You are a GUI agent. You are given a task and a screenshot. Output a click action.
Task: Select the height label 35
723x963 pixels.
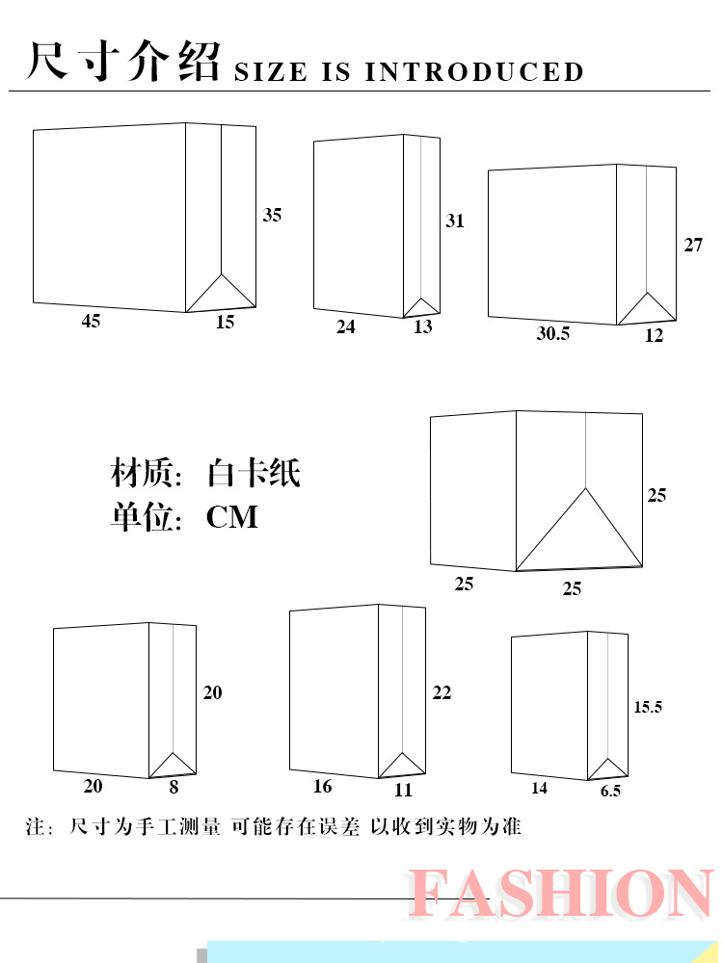(273, 216)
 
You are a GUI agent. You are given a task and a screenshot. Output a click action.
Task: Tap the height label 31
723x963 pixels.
(455, 221)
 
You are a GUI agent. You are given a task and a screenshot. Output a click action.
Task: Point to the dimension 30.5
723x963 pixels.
(552, 334)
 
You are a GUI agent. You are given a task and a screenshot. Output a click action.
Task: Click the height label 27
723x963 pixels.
(694, 246)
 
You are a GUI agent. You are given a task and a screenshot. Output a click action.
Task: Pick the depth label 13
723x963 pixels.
(423, 327)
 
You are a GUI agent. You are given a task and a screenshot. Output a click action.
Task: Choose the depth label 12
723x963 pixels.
(655, 336)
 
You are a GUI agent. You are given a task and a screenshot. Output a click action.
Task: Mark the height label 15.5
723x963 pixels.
(648, 707)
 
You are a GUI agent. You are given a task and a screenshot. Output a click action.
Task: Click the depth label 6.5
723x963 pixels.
(610, 791)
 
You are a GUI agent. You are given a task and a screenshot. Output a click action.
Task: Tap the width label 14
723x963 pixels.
(539, 789)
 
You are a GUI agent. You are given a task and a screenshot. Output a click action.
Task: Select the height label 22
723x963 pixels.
(442, 693)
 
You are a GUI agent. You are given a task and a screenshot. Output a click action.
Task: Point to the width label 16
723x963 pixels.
(323, 788)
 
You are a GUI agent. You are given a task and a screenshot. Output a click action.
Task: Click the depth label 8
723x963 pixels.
(174, 787)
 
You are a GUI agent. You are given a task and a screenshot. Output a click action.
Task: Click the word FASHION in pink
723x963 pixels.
(561, 894)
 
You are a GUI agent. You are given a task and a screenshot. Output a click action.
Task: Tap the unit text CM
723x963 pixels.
(232, 517)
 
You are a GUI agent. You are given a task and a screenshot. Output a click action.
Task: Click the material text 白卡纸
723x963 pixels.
(254, 474)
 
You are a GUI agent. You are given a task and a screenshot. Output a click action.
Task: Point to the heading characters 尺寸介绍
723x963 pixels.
(124, 62)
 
